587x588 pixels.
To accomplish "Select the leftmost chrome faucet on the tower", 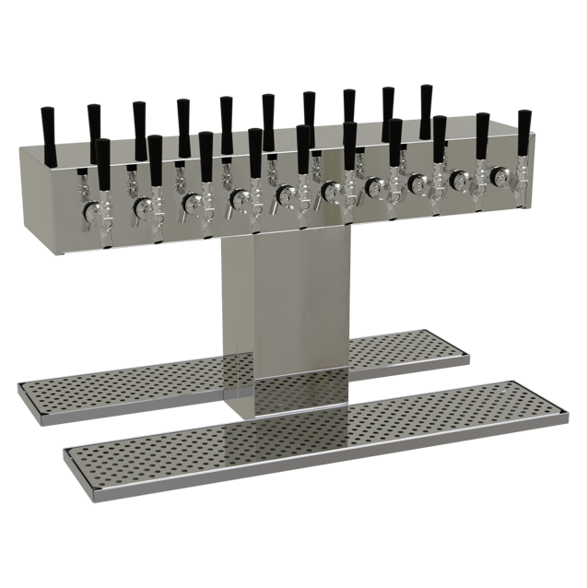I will pos(93,213).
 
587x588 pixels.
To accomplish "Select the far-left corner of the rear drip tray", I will pos(22,383).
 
